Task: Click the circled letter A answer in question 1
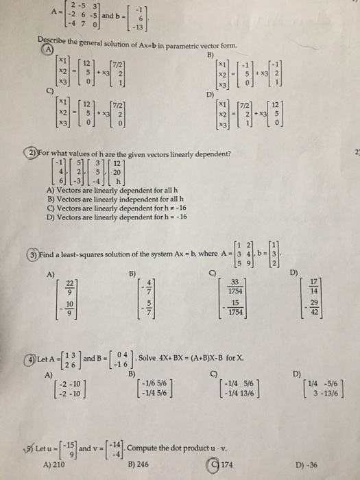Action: point(49,49)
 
